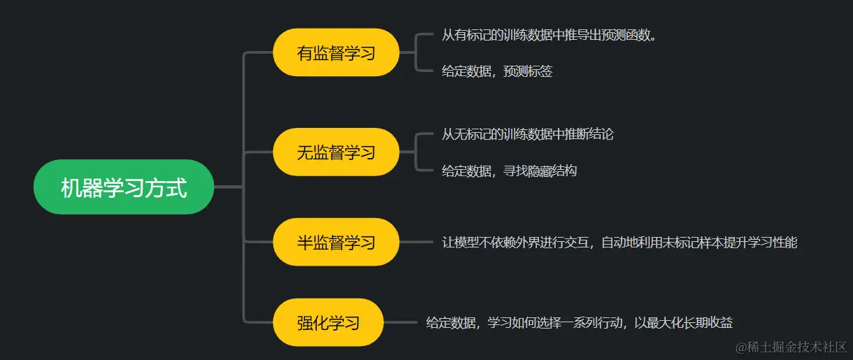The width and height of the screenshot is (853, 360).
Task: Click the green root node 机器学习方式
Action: coord(124,187)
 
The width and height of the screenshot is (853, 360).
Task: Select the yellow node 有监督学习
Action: coord(336,52)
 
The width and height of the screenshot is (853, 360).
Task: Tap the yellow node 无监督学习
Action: coord(336,152)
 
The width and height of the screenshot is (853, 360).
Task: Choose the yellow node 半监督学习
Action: coord(336,242)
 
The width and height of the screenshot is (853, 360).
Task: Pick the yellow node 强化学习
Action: coord(328,322)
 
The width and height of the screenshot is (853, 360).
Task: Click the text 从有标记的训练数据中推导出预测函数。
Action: coord(549,35)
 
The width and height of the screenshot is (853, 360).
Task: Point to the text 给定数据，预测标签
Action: coord(496,71)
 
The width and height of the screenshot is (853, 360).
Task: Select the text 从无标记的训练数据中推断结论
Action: coord(527,134)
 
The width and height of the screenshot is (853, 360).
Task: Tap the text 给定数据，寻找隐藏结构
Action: coord(509,171)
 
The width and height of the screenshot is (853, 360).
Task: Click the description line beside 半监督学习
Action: coord(619,243)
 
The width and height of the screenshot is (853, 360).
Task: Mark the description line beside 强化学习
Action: coord(579,322)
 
